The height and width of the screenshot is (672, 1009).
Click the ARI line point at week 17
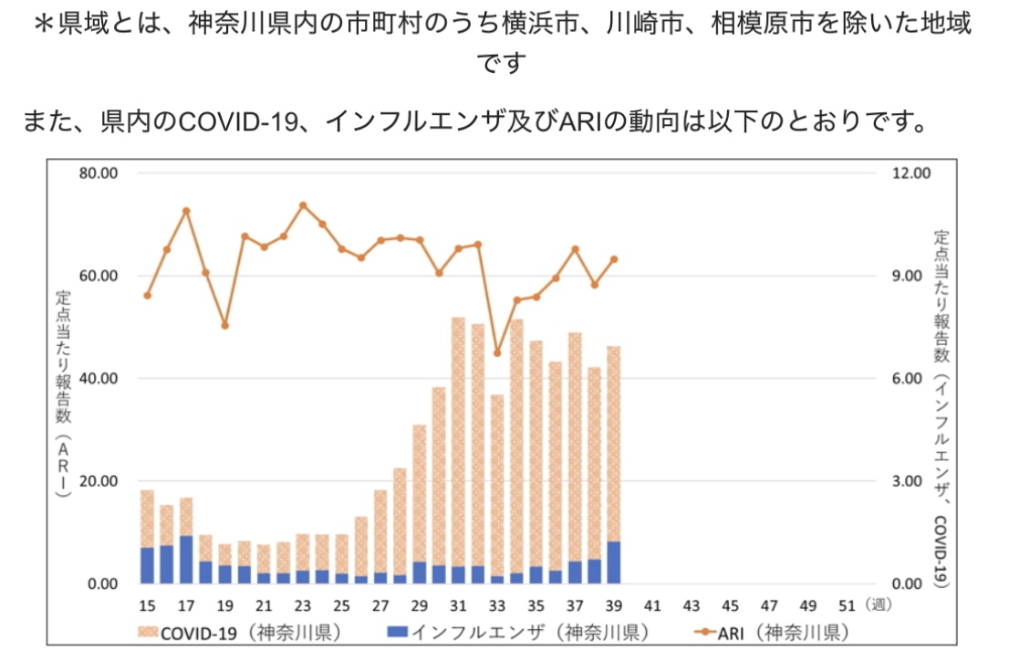pyautogui.click(x=186, y=211)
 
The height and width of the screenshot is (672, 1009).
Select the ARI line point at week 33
pyautogui.click(x=497, y=352)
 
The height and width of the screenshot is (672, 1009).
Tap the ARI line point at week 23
pyautogui.click(x=303, y=205)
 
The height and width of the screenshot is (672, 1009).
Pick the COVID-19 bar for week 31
pyautogui.click(x=458, y=442)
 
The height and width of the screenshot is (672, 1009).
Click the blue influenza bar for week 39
pyautogui.click(x=614, y=562)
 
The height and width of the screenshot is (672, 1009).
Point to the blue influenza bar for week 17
pyautogui.click(x=186, y=560)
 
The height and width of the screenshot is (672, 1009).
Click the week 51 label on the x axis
pyautogui.click(x=847, y=605)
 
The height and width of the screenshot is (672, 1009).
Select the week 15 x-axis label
pyautogui.click(x=147, y=605)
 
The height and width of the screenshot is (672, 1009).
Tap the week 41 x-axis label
pyautogui.click(x=652, y=605)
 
